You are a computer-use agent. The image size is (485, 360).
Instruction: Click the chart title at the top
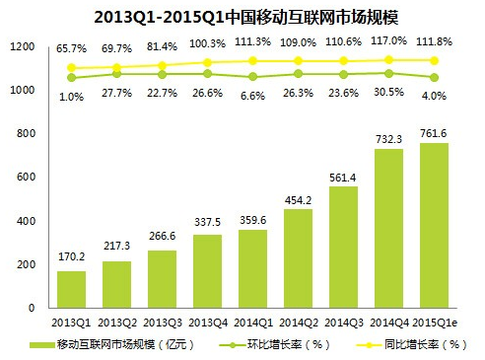click(243, 17)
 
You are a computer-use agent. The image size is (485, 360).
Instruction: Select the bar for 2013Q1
click(71, 289)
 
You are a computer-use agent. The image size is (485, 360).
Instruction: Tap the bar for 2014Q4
click(387, 228)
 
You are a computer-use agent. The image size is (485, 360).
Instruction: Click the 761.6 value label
click(433, 131)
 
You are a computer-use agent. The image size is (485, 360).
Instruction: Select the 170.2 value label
click(71, 258)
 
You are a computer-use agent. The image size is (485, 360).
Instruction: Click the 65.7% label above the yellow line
click(72, 46)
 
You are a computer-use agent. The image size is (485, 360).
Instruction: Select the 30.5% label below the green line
click(387, 91)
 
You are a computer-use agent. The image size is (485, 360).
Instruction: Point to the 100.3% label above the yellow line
click(207, 45)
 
